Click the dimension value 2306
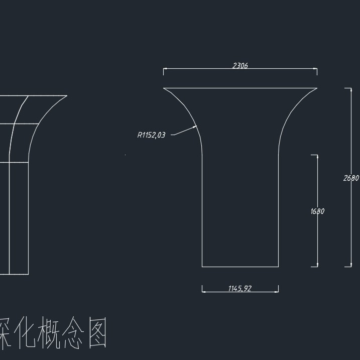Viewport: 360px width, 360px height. tap(240, 65)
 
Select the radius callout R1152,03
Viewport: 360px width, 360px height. tap(151, 135)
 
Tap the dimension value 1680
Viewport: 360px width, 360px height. tap(317, 211)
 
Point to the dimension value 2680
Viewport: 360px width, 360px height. tap(351, 178)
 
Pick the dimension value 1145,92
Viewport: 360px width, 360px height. tap(240, 288)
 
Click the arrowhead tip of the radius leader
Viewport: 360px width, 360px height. tap(197, 127)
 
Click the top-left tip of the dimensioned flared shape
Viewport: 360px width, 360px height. tap(164, 88)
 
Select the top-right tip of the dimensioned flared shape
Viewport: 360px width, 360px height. tap(317, 88)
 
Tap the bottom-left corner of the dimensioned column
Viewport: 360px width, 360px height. tap(202, 267)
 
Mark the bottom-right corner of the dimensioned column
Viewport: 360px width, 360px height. tap(279, 267)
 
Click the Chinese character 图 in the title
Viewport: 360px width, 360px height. tap(97, 334)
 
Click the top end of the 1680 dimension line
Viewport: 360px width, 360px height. tap(317, 155)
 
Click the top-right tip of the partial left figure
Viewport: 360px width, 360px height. tap(67, 96)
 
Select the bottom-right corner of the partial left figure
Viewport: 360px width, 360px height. tap(29, 274)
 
